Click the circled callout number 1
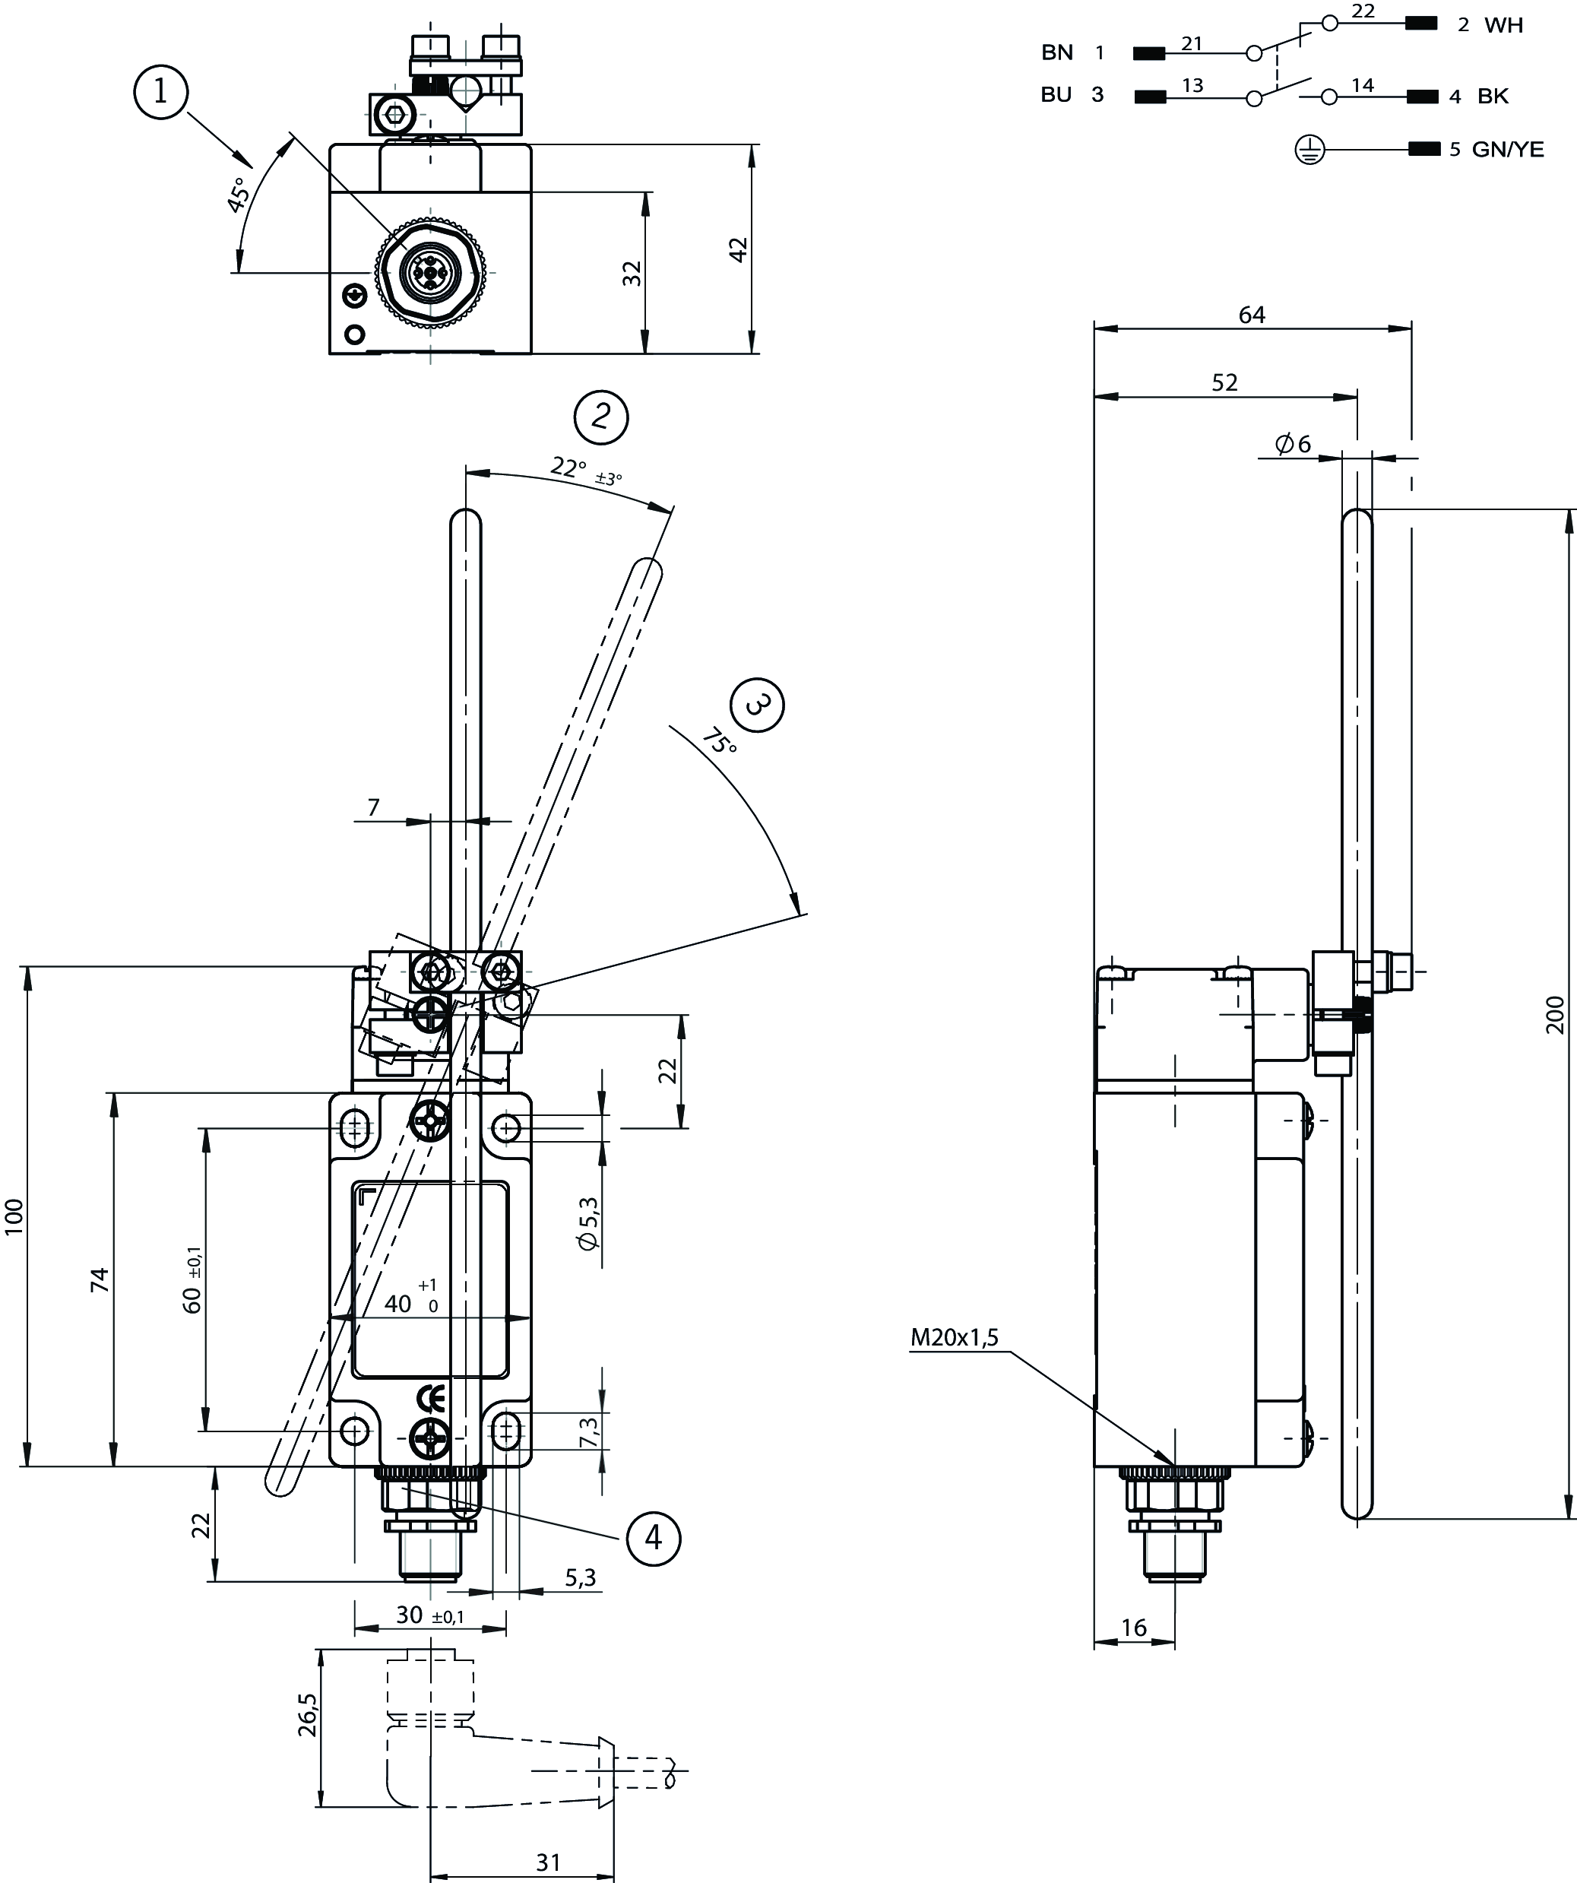coord(160,91)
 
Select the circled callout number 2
coord(600,417)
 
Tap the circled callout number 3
coord(758,705)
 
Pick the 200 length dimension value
coord(1556,1015)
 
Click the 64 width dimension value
coord(1252,315)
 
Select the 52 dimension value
coord(1224,383)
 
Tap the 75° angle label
coord(719,740)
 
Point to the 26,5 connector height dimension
coord(308,1715)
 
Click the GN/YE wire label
coord(1508,150)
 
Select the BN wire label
coord(1057,53)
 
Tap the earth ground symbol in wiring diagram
coord(1309,150)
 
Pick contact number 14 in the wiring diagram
coord(1362,85)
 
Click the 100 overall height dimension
coord(14,1217)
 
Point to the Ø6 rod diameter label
coord(1292,444)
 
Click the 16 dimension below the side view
coord(1134,1628)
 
